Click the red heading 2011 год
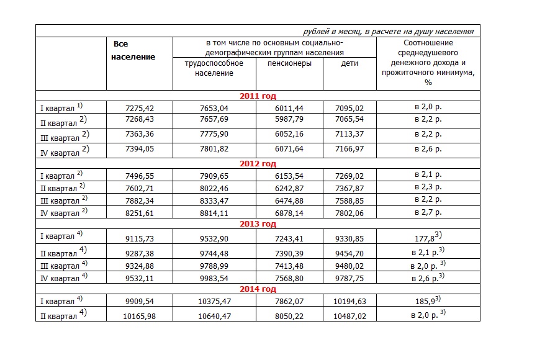click(x=258, y=96)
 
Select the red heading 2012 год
click(x=258, y=164)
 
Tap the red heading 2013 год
click(x=258, y=224)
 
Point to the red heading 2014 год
click(x=258, y=290)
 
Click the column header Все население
click(x=132, y=50)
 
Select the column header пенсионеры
click(x=289, y=63)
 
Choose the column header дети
click(x=349, y=63)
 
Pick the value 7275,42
click(x=140, y=107)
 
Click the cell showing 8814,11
click(x=213, y=213)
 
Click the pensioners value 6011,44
click(x=289, y=107)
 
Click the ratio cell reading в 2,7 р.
click(x=428, y=213)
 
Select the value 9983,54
click(x=213, y=276)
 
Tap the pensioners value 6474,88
click(x=289, y=200)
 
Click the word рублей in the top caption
click(x=316, y=31)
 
